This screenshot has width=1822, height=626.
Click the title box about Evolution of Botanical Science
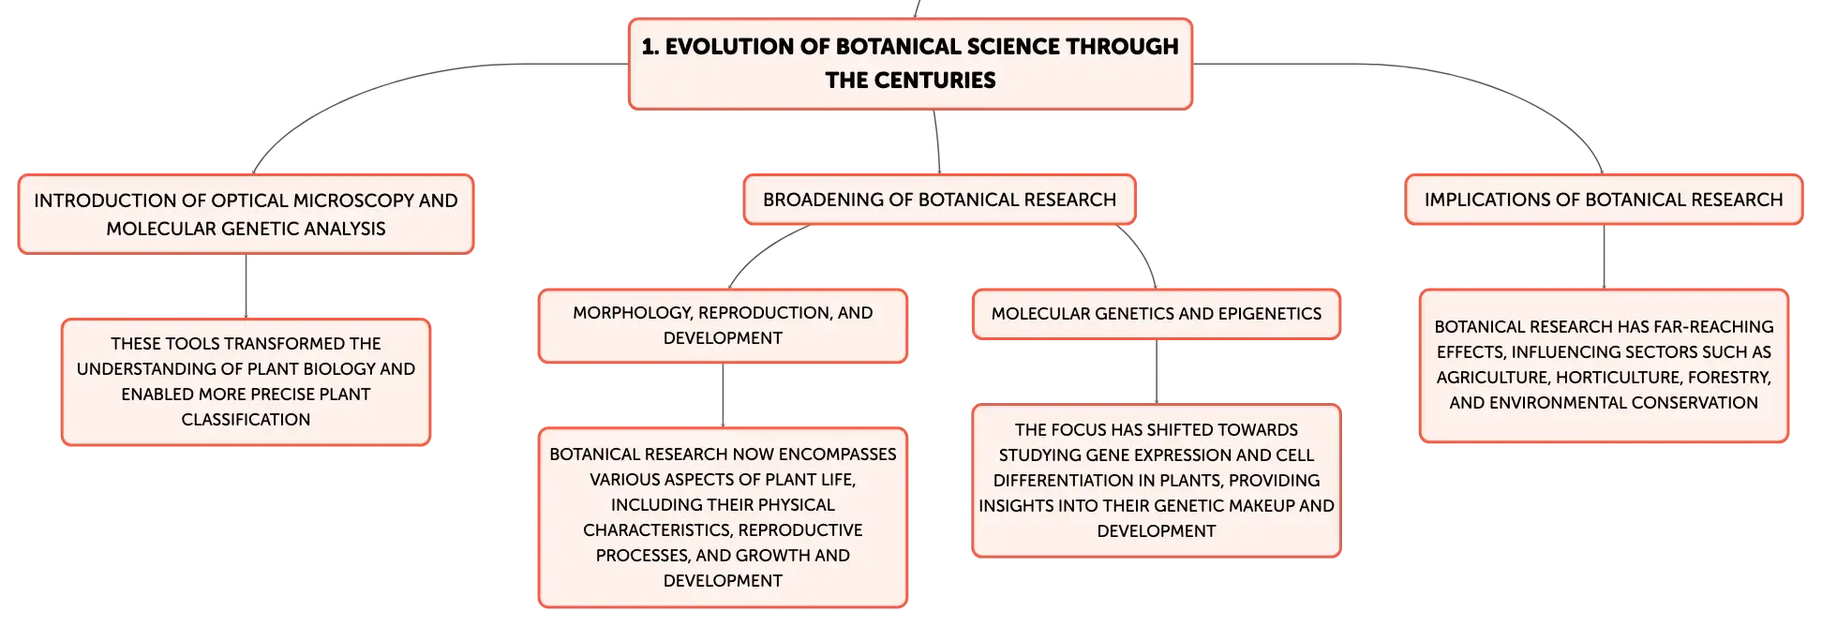[x=910, y=64]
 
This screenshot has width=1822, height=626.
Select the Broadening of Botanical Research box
[x=939, y=200]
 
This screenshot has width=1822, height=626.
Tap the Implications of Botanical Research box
[x=1604, y=200]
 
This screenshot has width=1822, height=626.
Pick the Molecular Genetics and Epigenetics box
[x=1157, y=314]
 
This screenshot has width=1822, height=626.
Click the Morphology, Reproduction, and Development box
[x=723, y=325]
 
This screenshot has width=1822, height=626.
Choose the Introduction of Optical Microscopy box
[x=246, y=214]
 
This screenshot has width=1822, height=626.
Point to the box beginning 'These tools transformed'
[x=246, y=381]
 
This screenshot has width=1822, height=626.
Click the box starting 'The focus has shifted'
[x=1157, y=481]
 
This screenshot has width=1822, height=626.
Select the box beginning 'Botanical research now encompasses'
[x=723, y=517]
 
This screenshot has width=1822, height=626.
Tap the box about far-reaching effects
[x=1604, y=365]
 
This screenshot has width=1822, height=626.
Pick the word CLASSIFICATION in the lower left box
[x=246, y=420]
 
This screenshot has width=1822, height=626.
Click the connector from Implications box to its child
[x=1604, y=257]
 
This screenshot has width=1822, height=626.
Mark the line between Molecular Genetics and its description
[x=1157, y=372]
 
